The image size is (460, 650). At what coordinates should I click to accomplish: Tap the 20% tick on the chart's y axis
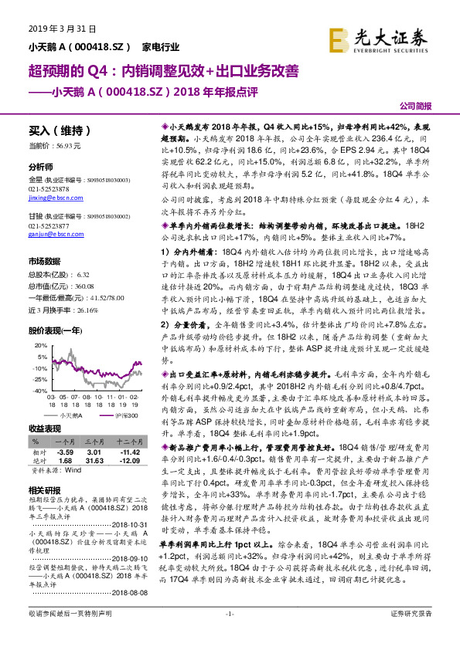coord(39,324)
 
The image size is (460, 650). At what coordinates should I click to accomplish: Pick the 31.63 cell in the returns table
coord(94,460)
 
